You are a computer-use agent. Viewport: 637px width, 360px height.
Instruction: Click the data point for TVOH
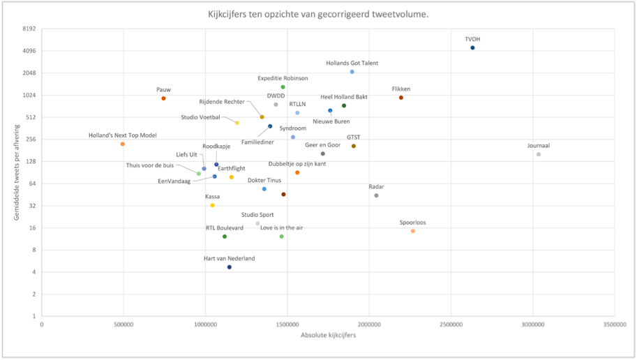472,48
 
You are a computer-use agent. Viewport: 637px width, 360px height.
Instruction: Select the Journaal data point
539,154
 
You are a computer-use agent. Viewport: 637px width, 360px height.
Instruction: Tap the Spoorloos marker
413,231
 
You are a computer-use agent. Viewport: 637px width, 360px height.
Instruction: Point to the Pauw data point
163,98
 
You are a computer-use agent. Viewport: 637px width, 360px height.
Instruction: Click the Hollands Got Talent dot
352,72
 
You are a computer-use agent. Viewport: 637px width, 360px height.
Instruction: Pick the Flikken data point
401,98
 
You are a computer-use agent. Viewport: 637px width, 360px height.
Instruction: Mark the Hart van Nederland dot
229,267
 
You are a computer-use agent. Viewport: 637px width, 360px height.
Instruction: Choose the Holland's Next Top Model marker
122,144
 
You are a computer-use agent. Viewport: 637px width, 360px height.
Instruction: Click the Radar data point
376,195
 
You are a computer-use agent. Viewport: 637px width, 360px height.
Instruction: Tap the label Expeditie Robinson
283,78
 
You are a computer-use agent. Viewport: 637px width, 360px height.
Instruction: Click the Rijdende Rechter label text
222,102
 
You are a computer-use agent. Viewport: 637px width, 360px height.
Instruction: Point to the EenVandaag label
174,181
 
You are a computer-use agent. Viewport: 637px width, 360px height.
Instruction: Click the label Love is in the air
282,227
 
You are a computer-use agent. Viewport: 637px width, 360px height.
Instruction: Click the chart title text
318,14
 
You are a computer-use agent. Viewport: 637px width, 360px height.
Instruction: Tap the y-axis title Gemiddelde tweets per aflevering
17,172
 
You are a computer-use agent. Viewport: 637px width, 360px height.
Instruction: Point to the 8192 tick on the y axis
29,29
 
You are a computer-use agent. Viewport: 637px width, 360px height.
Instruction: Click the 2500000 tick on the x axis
451,324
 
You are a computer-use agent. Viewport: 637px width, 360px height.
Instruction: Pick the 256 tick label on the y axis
31,140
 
